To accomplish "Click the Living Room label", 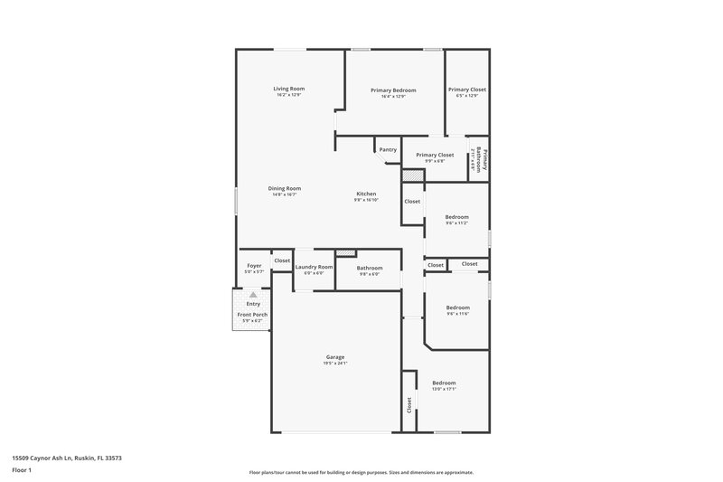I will [x=289, y=89].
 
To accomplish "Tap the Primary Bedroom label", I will [x=393, y=90].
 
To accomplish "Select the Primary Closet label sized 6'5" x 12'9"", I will [x=467, y=90].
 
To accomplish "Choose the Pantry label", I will [x=388, y=149].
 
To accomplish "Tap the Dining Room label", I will [x=285, y=188].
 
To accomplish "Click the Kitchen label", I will [x=366, y=194].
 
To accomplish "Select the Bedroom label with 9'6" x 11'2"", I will [x=457, y=217].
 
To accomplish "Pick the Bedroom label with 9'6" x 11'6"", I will [x=457, y=307].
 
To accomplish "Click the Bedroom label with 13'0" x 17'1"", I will [x=444, y=383].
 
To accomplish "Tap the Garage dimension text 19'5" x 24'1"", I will [x=335, y=364].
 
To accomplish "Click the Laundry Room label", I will [x=314, y=267].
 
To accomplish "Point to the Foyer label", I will [x=254, y=266].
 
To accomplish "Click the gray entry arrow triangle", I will [x=254, y=295].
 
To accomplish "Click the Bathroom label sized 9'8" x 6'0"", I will [x=370, y=268].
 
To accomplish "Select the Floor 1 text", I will [x=22, y=470].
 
